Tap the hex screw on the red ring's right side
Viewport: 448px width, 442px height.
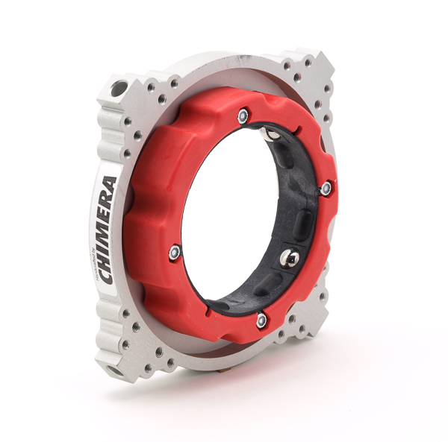pyautogui.click(x=326, y=189)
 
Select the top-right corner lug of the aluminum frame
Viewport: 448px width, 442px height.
pyautogui.click(x=314, y=67)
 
